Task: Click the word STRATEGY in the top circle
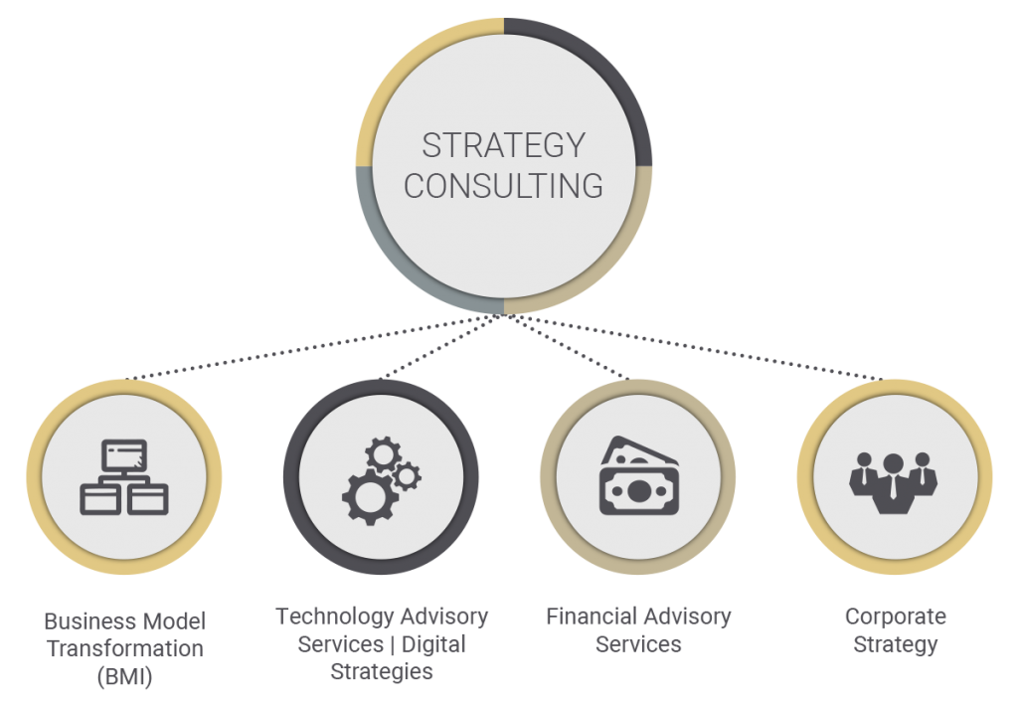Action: [x=503, y=145]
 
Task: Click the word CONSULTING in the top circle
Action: [x=503, y=186]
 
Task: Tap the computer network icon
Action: [x=124, y=476]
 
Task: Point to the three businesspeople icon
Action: [x=893, y=481]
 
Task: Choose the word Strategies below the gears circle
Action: [x=383, y=671]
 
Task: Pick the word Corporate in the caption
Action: [x=895, y=617]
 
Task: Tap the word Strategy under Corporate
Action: [x=895, y=644]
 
